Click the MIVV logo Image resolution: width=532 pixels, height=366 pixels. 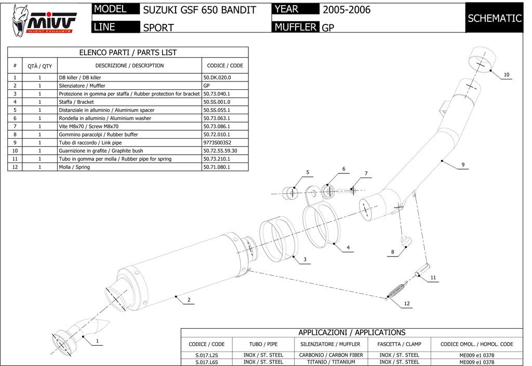tap(45, 20)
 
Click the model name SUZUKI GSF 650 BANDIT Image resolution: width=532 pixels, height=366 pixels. tap(199, 10)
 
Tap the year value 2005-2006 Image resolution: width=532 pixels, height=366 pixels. tap(347, 9)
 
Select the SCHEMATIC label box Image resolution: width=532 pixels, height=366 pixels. tap(494, 18)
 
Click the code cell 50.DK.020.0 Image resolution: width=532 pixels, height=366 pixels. tap(217, 77)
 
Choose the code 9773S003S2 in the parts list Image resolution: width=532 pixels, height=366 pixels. tap(217, 142)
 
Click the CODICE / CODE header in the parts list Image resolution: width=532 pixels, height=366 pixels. tap(224, 65)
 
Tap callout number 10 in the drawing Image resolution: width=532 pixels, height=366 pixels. tap(507, 75)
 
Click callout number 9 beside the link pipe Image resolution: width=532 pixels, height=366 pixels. tap(462, 165)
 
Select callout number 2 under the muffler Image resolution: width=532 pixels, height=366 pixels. tap(189, 300)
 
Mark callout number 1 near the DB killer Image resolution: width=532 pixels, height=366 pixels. tap(97, 341)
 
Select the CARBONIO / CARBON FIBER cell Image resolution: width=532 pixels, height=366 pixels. tap(331, 355)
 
